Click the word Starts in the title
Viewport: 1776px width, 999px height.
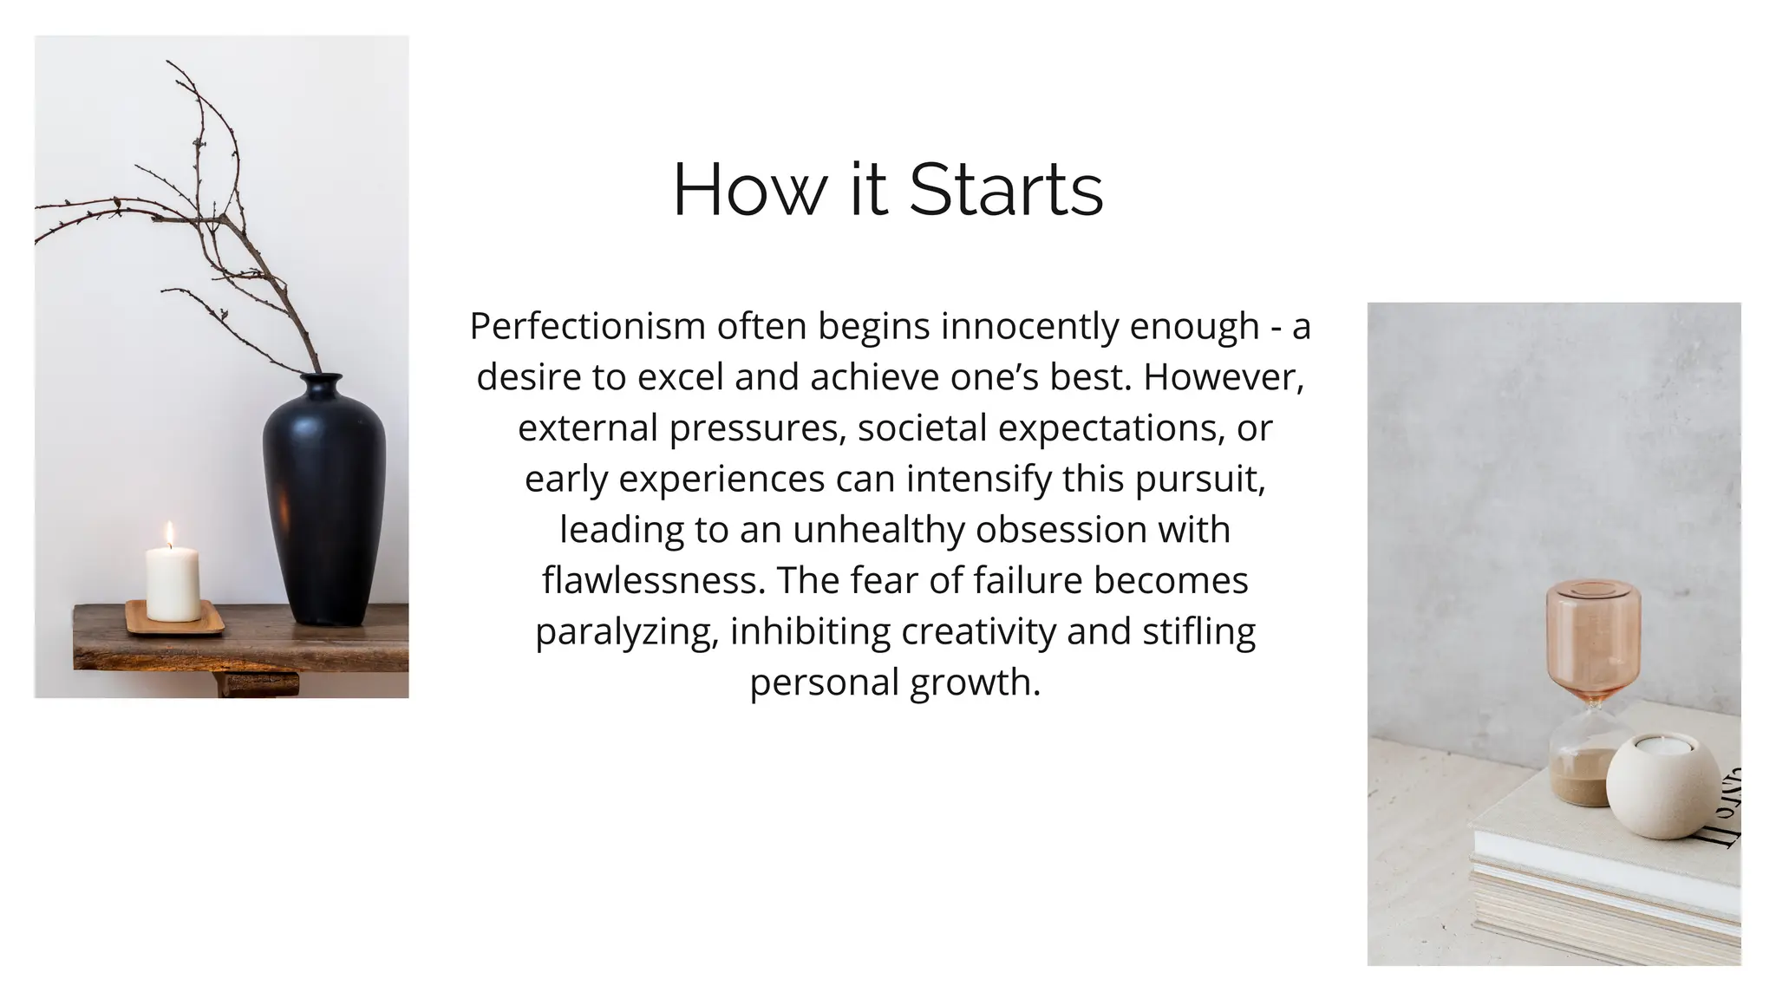[1006, 190]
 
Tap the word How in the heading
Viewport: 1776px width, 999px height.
[749, 190]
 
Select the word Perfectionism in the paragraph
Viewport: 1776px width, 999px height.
[587, 327]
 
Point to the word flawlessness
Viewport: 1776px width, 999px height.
[654, 580]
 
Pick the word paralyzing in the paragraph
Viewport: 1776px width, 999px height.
[626, 631]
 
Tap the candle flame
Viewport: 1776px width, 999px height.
[170, 533]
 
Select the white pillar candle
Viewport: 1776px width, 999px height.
[173, 584]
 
